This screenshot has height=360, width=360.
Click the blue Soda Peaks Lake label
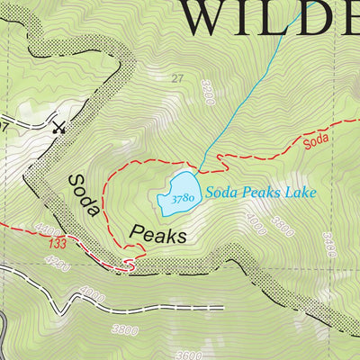tap(260, 192)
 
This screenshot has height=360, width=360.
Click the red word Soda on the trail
tap(316, 141)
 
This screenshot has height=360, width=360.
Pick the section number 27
tap(176, 79)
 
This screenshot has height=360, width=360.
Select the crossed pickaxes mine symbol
tap(60, 126)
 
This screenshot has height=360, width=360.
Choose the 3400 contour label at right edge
tap(330, 244)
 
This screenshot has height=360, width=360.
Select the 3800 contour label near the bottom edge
tap(125, 329)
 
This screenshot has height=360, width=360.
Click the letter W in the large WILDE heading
tap(216, 18)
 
